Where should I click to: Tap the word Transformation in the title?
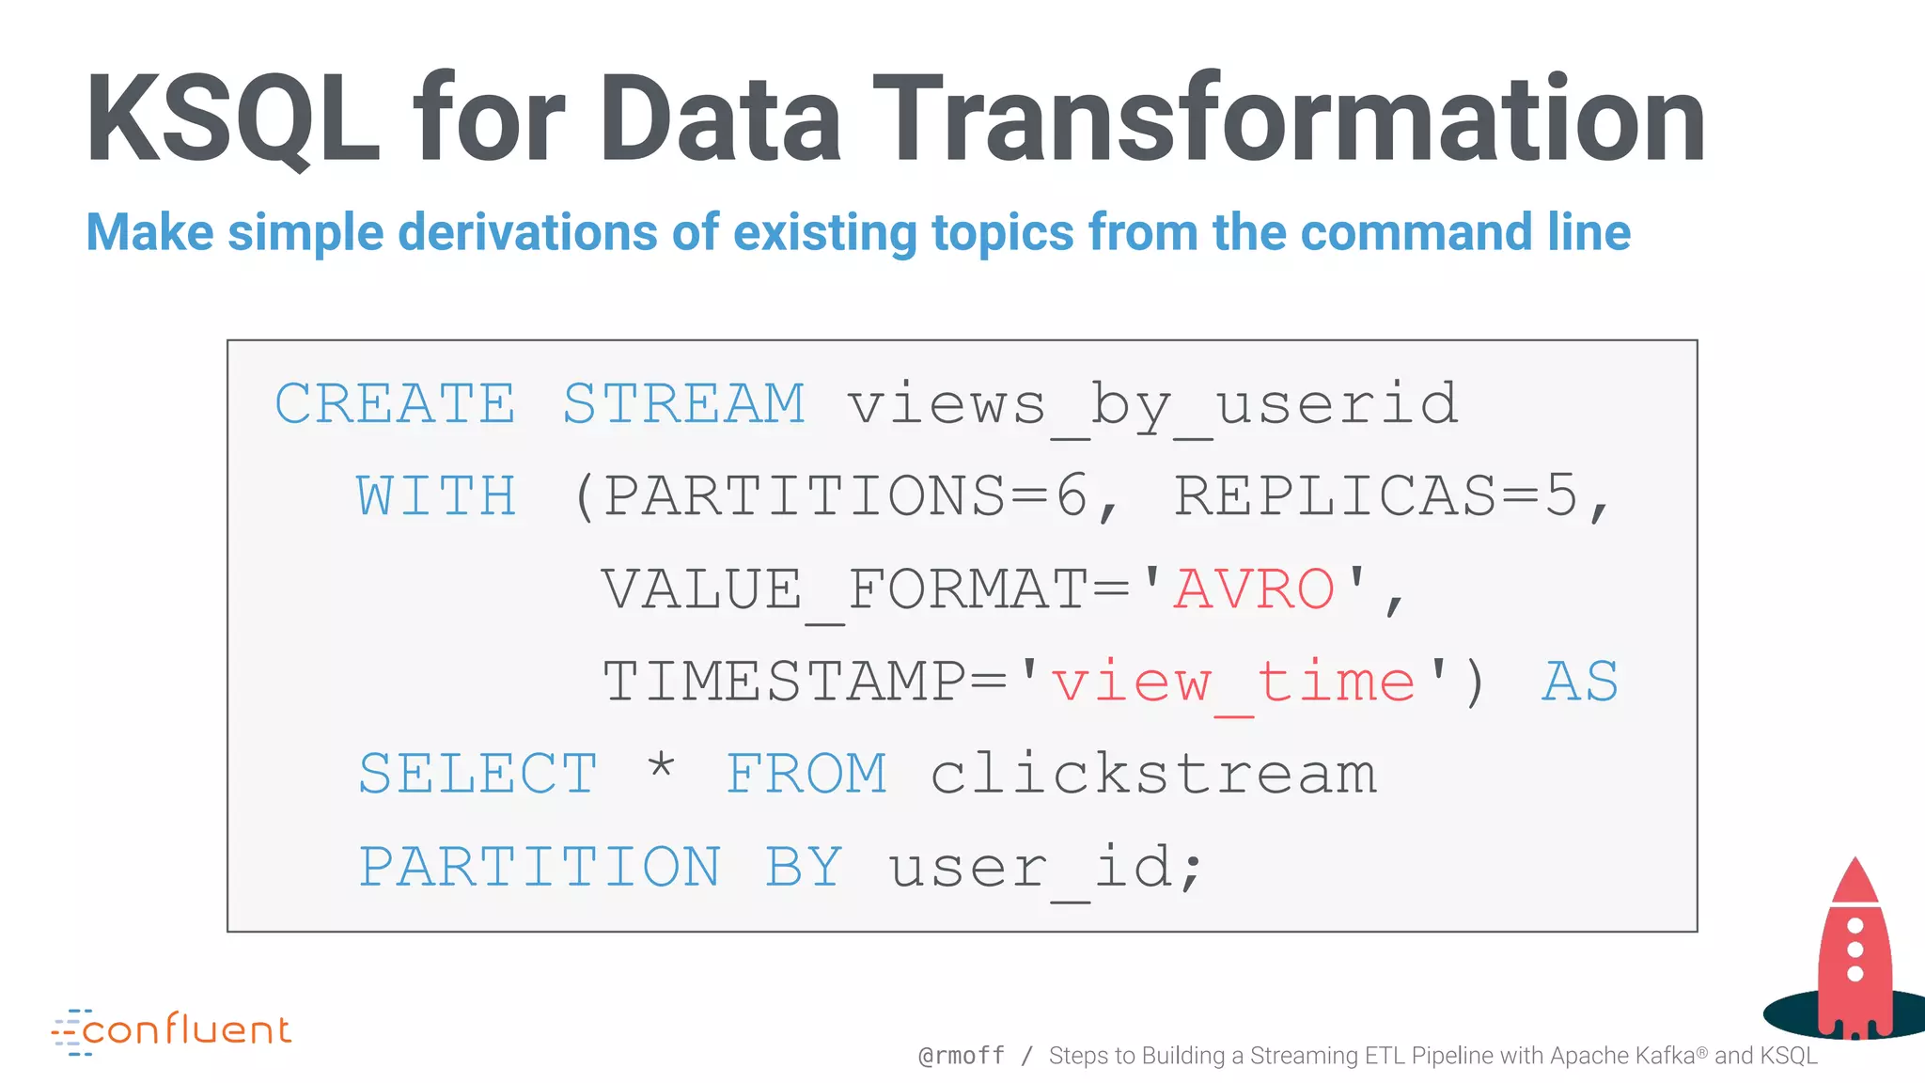1289,120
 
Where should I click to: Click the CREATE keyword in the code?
395,404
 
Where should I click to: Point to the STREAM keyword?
683,404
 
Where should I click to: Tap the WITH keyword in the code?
436,496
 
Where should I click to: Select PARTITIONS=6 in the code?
844,496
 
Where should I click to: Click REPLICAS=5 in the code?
1376,496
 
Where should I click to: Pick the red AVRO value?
1254,589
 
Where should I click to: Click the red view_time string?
1232,682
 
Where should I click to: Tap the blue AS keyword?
1580,682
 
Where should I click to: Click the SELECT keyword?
477,774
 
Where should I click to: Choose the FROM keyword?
806,774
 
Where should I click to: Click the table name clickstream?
1153,774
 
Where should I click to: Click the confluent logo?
172,1030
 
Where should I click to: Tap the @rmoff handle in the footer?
961,1056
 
